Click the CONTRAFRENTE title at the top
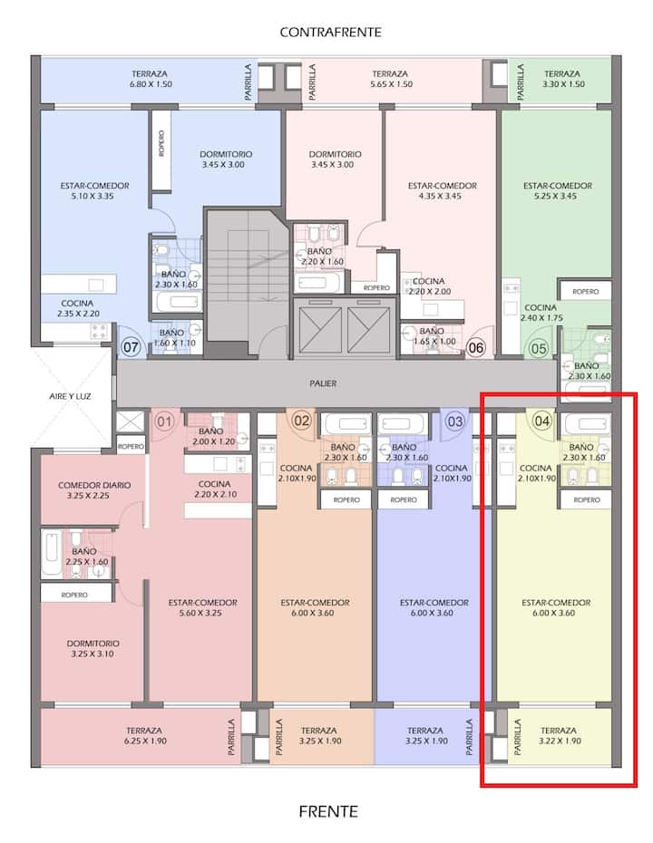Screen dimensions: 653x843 coord(330,33)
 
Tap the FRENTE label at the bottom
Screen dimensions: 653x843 coord(328,811)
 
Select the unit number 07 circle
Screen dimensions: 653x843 coord(131,347)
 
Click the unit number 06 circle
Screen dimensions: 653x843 coord(475,348)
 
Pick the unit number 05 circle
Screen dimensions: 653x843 coord(539,349)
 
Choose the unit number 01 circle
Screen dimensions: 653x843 coord(164,421)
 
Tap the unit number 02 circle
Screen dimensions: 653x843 coord(301,421)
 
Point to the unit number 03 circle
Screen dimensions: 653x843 coord(455,421)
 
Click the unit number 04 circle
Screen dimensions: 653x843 coord(541,421)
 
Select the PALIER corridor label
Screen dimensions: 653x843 coord(323,383)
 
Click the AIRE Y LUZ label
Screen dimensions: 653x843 coord(70,396)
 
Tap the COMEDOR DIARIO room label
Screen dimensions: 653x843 coord(94,485)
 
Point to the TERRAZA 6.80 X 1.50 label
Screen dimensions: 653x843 coord(150,79)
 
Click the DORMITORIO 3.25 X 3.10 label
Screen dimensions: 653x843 coord(93,648)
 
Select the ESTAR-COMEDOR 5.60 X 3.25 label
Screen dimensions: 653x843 coord(202,607)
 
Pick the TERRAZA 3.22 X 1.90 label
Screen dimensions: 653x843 coord(559,735)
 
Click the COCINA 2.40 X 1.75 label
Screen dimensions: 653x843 coord(541,313)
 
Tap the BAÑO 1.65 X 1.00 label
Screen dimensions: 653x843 coord(433,336)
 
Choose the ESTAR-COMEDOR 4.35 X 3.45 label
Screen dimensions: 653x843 coord(443,191)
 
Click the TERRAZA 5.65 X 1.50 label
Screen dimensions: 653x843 coord(391,79)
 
